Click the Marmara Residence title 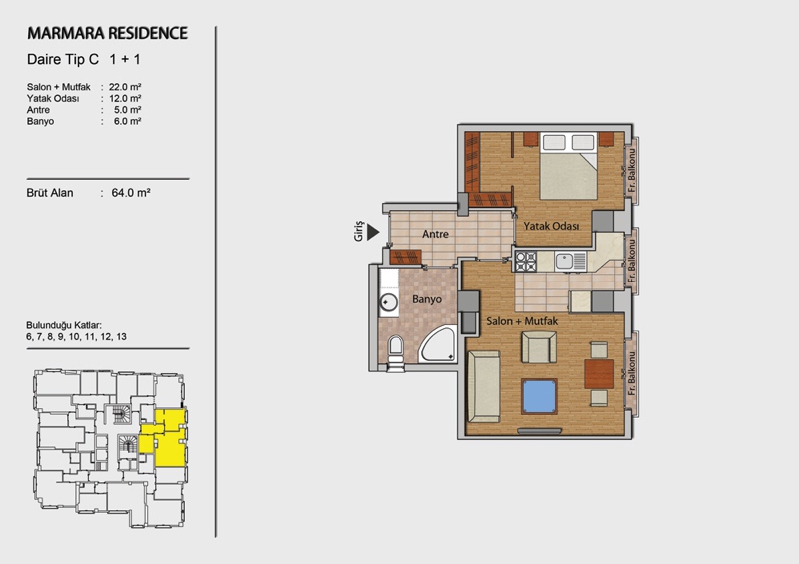click(107, 33)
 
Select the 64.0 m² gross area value click(131, 193)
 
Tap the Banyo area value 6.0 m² click(128, 121)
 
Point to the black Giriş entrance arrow click(373, 232)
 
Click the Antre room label click(435, 234)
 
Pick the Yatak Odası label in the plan click(552, 226)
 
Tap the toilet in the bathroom click(396, 349)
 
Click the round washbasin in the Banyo click(389, 303)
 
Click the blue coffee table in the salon click(539, 396)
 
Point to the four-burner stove click(526, 261)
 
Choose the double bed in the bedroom click(568, 166)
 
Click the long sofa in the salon click(484, 386)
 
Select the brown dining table click(599, 374)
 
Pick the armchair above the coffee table click(539, 347)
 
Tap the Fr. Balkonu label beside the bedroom click(632, 171)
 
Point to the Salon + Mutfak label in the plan click(522, 321)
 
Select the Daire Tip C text click(63, 59)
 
